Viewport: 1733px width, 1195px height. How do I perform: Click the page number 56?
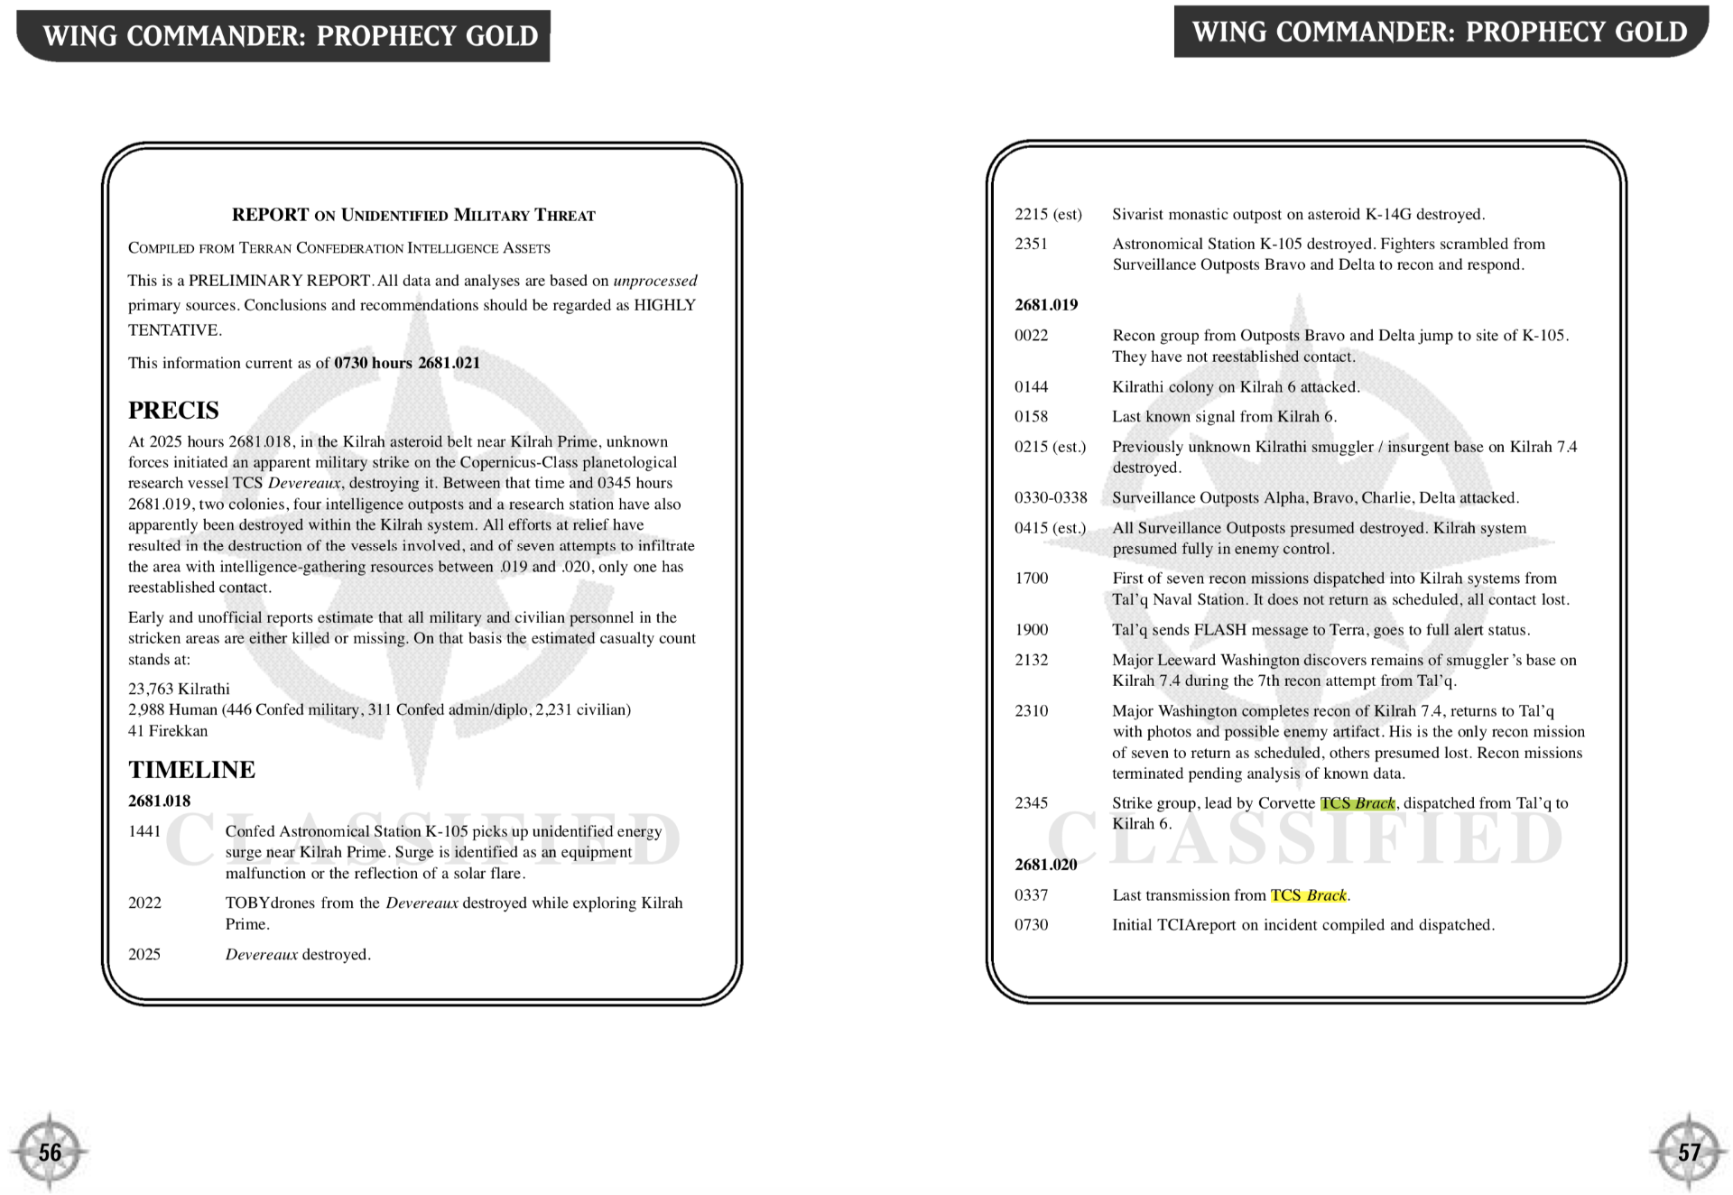coord(50,1153)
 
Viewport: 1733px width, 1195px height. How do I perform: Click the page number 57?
coord(1689,1153)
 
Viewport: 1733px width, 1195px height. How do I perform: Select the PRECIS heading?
coord(173,411)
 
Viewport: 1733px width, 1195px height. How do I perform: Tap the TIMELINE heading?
coord(191,770)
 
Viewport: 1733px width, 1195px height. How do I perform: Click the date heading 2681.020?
coord(1045,865)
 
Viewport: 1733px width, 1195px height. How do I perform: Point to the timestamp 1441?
coord(144,831)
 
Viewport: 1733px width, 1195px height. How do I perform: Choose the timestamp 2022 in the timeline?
coord(144,903)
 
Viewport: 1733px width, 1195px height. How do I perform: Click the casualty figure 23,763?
coord(151,690)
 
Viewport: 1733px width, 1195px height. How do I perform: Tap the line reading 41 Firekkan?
coord(168,731)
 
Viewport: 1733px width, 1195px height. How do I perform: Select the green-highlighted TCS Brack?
coord(1358,803)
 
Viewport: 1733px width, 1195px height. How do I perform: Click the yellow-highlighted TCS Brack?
coord(1309,895)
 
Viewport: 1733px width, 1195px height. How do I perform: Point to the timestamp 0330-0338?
coord(1051,498)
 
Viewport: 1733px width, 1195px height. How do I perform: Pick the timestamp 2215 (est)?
coord(1048,215)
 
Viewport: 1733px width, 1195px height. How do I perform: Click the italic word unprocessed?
coord(654,281)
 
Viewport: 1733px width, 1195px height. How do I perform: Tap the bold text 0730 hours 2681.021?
coord(406,363)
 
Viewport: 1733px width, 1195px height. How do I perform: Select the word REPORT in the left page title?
coord(270,215)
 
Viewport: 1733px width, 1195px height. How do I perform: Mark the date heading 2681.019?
coord(1045,305)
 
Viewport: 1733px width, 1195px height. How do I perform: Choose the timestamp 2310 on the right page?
coord(1031,711)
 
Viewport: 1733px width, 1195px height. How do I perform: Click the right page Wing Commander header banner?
coord(1440,32)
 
